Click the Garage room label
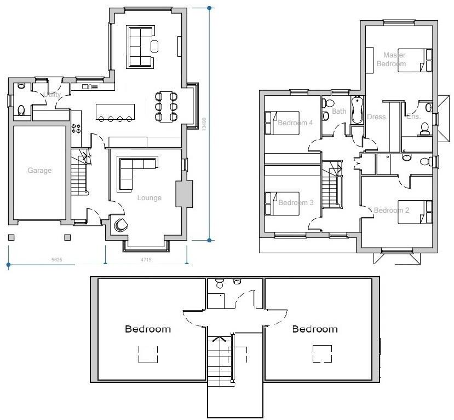click(39, 171)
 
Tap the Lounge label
click(149, 198)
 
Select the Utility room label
click(53, 95)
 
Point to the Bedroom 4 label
click(295, 123)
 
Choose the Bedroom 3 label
click(296, 203)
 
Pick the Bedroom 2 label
click(392, 211)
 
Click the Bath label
click(340, 112)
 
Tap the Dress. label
click(377, 117)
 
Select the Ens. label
click(413, 116)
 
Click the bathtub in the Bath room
click(357, 110)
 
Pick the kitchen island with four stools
click(114, 112)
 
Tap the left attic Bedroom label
click(148, 329)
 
